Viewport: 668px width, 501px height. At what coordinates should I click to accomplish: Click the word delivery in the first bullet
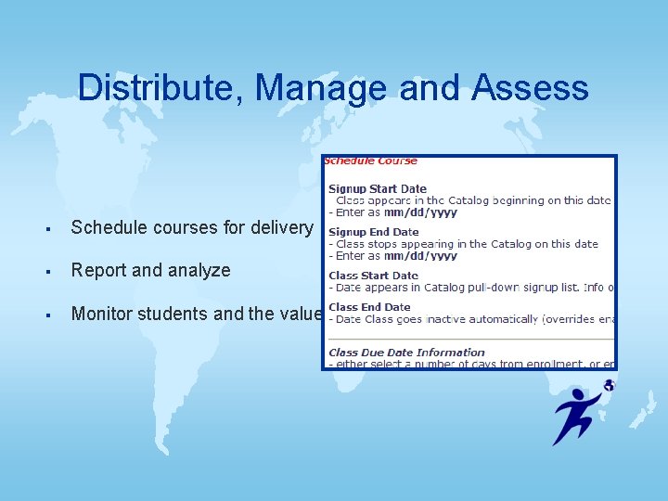(282, 227)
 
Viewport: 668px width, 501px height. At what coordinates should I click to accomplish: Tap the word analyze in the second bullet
(198, 270)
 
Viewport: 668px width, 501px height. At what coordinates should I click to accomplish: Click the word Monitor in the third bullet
(103, 314)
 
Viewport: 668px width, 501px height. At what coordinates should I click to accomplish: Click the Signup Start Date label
(378, 188)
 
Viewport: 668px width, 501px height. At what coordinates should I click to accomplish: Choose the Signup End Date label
(374, 232)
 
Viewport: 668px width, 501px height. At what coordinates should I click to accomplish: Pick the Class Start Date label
(373, 276)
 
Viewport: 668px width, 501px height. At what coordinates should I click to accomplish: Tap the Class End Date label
(369, 307)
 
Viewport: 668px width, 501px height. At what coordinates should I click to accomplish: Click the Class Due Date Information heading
(406, 353)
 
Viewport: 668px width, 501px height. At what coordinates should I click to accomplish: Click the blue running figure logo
(576, 414)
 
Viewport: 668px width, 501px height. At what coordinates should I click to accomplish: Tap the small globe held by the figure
(609, 385)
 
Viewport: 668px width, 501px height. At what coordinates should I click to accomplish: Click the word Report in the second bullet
(98, 270)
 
